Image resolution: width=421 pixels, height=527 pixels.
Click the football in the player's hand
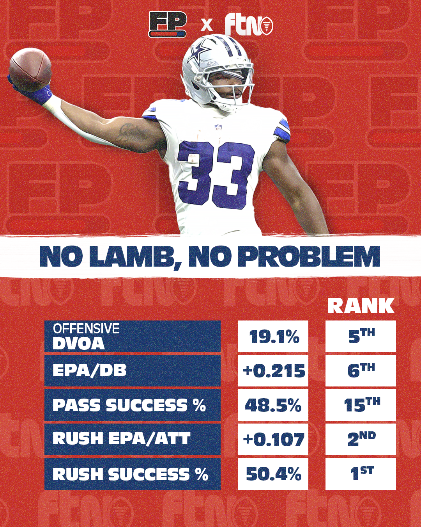pos(30,69)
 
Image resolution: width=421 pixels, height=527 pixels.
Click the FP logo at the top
pos(168,24)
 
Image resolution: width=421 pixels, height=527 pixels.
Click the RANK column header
pos(361,306)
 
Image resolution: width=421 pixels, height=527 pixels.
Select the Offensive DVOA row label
pos(132,336)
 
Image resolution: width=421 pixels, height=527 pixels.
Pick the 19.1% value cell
pos(273,336)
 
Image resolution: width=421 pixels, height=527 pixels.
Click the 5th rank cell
pos(361,336)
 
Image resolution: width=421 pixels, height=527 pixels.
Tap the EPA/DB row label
pos(132,370)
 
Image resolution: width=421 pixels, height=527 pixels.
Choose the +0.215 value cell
pos(273,370)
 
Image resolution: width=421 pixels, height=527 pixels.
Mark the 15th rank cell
pos(361,405)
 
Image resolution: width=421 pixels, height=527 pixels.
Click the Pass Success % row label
pos(132,405)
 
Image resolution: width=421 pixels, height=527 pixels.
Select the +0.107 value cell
pos(273,439)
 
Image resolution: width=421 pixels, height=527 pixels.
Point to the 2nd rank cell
pos(361,439)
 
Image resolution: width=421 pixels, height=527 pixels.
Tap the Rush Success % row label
pos(132,474)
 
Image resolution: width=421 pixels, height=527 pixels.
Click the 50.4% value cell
pos(273,474)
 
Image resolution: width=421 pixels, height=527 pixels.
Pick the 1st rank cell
pos(361,474)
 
